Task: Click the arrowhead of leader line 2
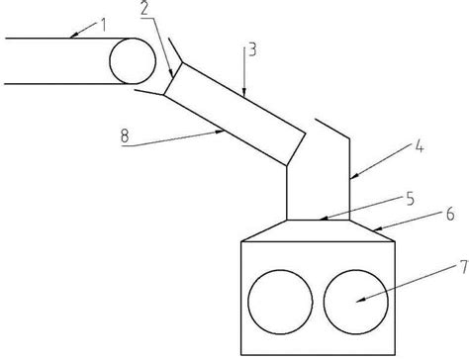(172, 78)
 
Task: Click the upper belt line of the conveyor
(59, 39)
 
